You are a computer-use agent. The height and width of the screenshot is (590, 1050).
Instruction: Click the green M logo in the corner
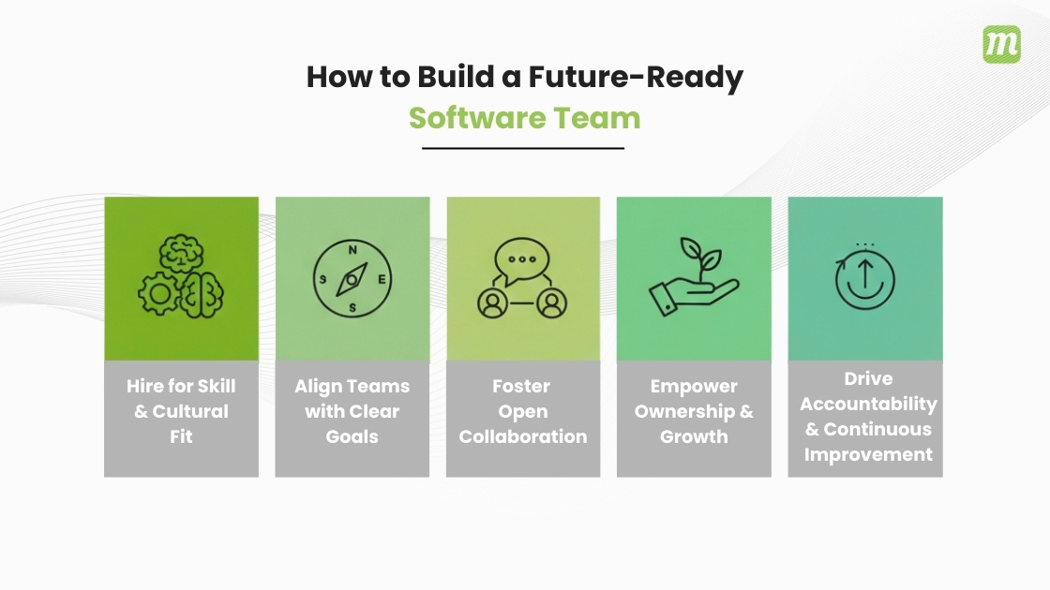point(1001,45)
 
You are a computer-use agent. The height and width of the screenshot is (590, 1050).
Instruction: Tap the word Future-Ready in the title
point(635,77)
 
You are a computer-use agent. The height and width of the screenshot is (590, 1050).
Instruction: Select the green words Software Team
point(524,119)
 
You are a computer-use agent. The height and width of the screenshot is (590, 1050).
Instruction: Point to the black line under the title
point(523,148)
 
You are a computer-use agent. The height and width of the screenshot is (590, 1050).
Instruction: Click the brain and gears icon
point(181,278)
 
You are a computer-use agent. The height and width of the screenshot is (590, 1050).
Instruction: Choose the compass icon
point(352,279)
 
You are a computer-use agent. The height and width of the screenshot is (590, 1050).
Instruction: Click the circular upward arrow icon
point(864,281)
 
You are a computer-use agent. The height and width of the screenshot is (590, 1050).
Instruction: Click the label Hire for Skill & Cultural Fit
point(181,411)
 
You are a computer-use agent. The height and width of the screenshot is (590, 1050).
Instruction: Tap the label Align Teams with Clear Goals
point(352,411)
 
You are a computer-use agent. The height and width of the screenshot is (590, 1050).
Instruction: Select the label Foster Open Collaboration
point(523,411)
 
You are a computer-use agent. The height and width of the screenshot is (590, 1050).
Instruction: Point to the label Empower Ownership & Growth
point(694,411)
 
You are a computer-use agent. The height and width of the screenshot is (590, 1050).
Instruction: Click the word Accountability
point(868,404)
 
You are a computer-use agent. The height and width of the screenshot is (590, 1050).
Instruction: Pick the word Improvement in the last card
point(868,455)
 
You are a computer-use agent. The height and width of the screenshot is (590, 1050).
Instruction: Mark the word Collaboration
point(523,436)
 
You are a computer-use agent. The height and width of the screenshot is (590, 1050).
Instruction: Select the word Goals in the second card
point(352,436)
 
